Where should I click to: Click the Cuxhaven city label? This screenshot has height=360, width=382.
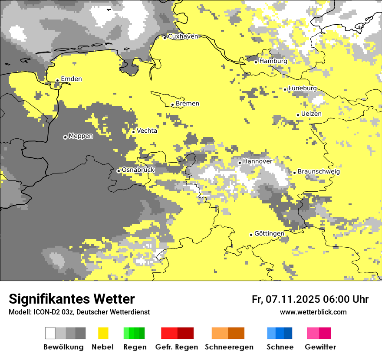point(183,36)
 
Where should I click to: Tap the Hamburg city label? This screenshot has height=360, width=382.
point(273,61)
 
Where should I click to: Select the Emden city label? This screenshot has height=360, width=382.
point(71,79)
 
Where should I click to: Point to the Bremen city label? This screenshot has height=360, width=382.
point(188,104)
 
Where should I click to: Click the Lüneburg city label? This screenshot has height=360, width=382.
point(302,88)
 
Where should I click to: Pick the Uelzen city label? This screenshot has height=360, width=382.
point(311,114)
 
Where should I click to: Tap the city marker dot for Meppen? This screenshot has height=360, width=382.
point(65,137)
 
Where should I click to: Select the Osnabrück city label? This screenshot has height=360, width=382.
point(138,170)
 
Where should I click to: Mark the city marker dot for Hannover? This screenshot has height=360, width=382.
point(240,163)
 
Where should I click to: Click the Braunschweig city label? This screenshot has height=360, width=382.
point(319,172)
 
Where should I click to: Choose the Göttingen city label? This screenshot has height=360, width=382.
point(269,234)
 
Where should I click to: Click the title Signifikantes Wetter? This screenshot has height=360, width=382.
point(72,299)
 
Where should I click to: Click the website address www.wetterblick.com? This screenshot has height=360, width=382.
point(313,312)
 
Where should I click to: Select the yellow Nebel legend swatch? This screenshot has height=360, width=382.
point(103,333)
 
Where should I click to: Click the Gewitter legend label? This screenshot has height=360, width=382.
point(320,347)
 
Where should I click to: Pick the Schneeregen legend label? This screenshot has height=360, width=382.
point(229,347)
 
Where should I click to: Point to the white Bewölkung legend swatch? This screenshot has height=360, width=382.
point(50,333)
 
